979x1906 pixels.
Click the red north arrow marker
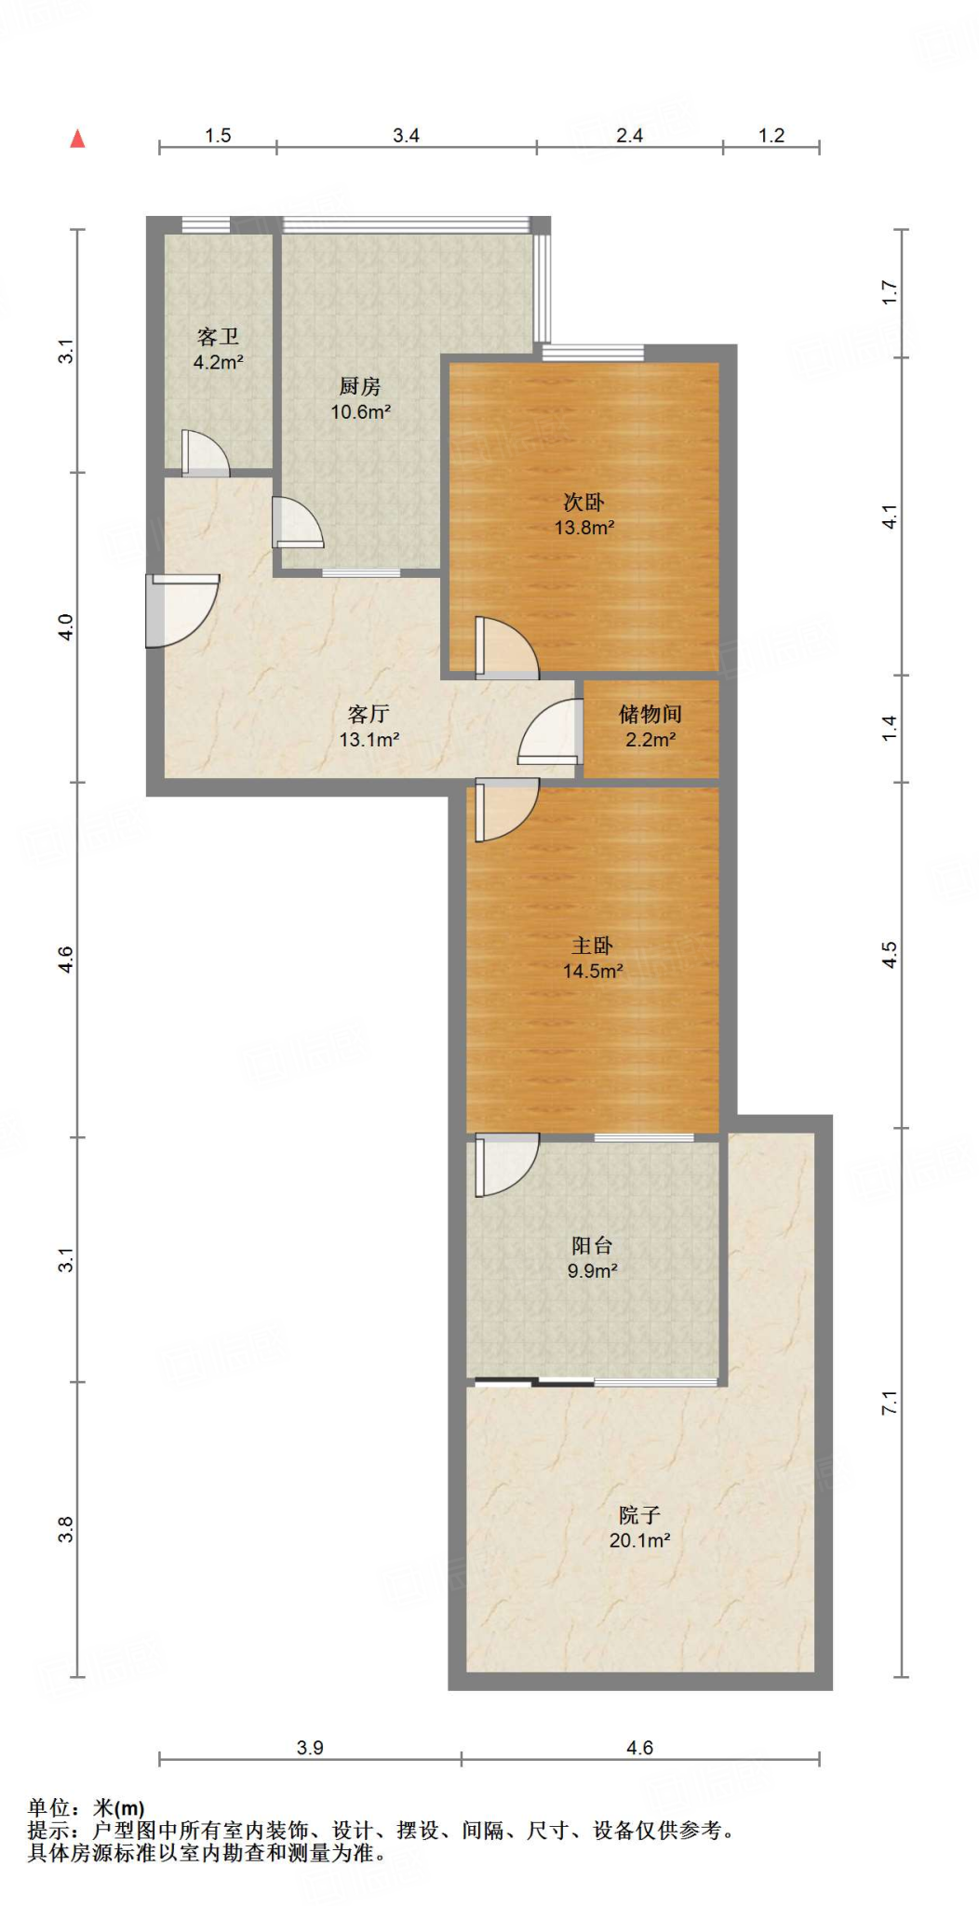coord(78,139)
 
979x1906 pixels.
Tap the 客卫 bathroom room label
coord(218,336)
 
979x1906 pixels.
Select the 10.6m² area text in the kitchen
coord(360,411)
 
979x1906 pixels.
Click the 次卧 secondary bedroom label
coord(583,503)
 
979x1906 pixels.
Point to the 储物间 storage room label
coord(650,714)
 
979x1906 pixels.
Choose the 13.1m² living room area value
coord(369,740)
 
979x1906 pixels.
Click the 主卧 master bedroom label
coord(592,946)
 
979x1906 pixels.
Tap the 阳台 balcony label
coord(592,1245)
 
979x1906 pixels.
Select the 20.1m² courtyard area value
coord(639,1540)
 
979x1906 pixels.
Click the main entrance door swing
coord(182,611)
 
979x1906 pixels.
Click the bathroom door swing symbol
coord(205,453)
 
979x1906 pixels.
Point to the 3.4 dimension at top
coord(406,136)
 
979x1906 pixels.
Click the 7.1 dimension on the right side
coord(890,1403)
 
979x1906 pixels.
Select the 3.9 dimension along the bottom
coord(310,1748)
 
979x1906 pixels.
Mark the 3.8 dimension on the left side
coord(65,1529)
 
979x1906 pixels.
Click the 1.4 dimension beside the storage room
coord(890,728)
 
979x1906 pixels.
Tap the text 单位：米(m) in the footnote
coord(86,1808)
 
